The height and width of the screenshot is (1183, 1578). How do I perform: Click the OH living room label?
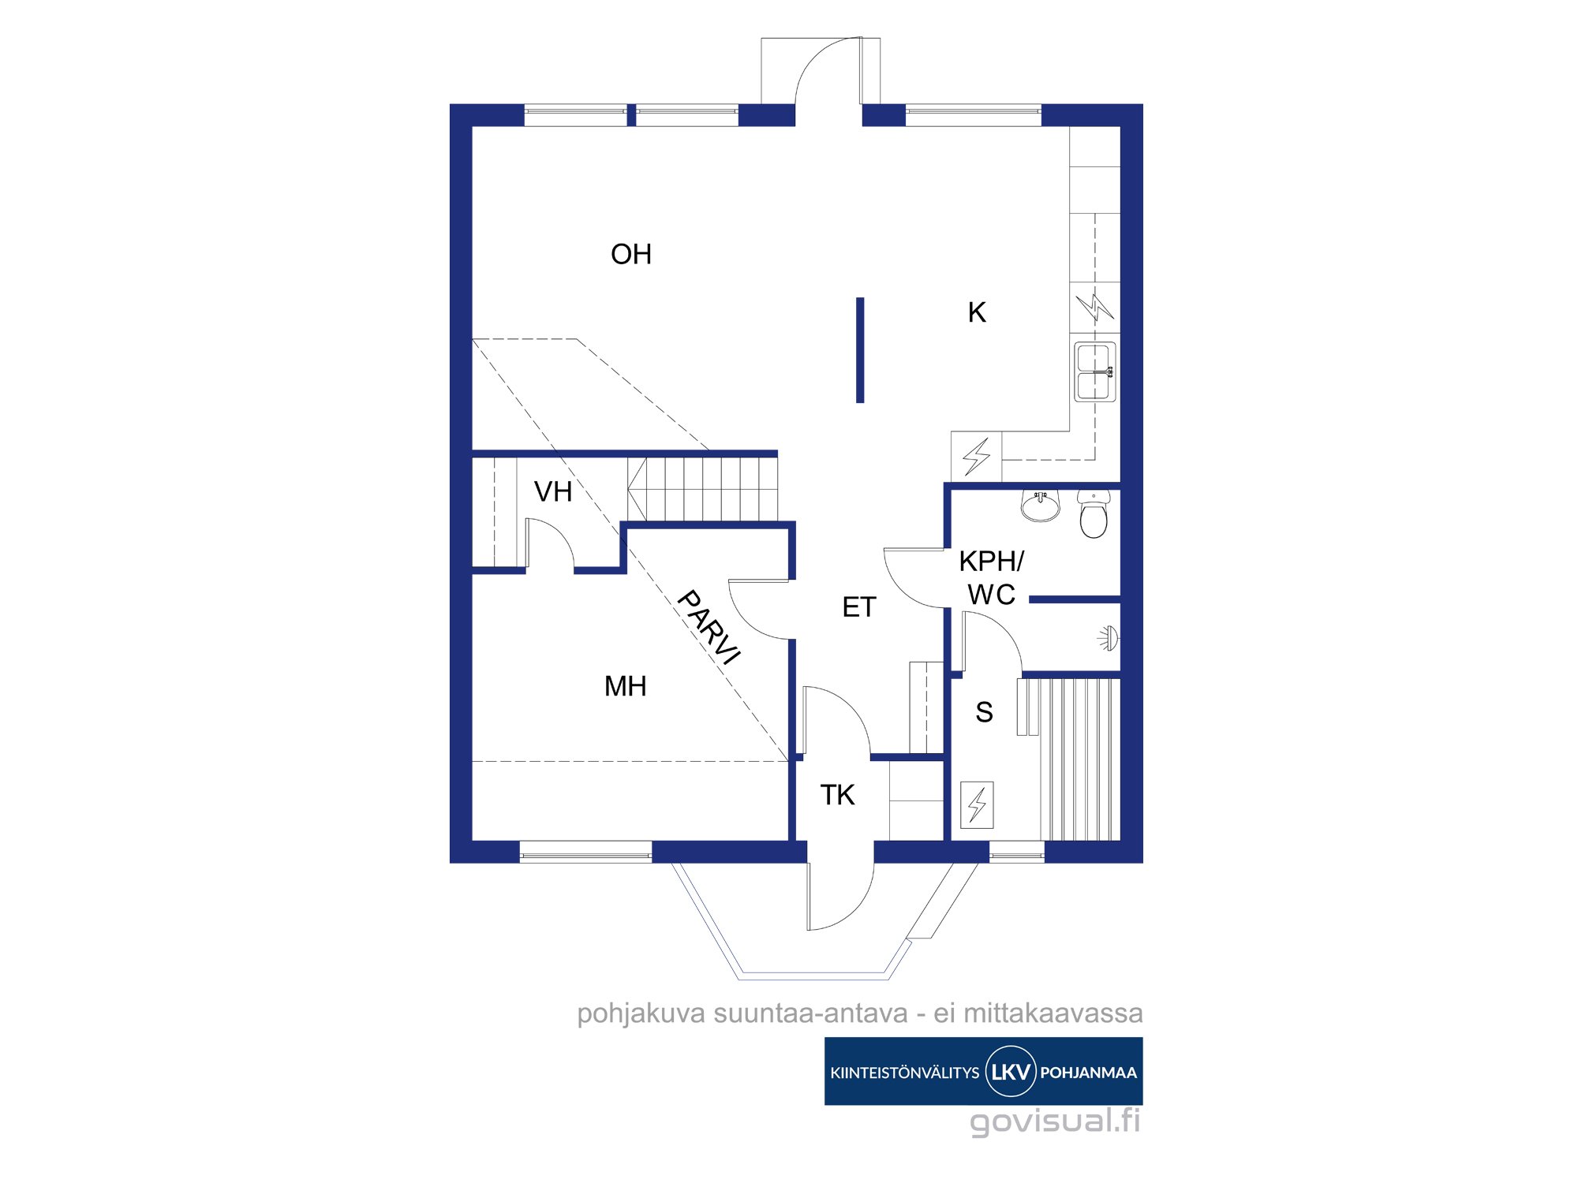[631, 254]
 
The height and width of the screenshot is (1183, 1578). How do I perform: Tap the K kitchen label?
[977, 312]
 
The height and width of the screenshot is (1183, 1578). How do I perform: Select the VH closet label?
[553, 491]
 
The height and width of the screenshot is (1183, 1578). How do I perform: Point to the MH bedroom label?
[626, 686]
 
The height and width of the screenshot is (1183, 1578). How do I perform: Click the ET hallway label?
[859, 606]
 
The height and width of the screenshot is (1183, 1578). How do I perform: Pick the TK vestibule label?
[837, 794]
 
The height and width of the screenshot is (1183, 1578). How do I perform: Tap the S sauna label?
[984, 712]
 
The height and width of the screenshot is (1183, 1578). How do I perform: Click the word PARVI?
[709, 628]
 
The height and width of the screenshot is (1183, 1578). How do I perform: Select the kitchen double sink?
[1095, 371]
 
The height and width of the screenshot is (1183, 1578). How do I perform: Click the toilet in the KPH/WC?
[1094, 513]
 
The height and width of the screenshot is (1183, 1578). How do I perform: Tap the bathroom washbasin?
[1041, 506]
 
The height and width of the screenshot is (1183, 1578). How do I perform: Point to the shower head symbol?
[1109, 638]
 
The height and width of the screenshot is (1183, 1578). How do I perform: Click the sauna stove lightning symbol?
[977, 804]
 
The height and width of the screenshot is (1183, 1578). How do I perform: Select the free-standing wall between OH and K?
[860, 350]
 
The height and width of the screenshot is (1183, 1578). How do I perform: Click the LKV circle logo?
[1011, 1071]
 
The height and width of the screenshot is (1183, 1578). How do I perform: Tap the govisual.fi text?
[1055, 1121]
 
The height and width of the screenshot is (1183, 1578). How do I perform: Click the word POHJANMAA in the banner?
[1088, 1073]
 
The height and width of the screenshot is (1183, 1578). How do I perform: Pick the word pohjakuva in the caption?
[641, 1013]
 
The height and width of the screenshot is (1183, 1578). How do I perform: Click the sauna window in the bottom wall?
[1017, 852]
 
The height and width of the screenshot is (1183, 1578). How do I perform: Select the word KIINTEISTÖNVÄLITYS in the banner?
[905, 1072]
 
